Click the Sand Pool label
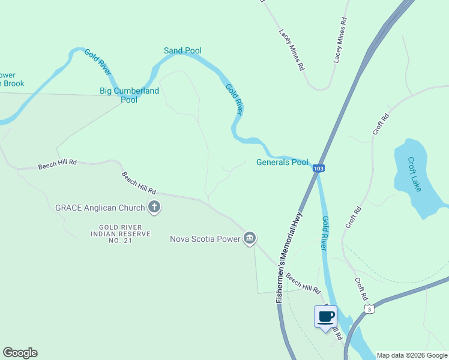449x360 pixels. coord(182,51)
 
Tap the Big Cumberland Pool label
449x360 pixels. coord(129,95)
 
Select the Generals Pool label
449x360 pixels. coord(282,162)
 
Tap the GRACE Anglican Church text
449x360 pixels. coord(100,208)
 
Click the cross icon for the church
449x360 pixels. coord(154,208)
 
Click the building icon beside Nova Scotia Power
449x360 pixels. coord(250,239)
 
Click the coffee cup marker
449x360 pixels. coord(325,317)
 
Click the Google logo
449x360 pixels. coord(20,353)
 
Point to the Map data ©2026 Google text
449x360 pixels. coord(412,355)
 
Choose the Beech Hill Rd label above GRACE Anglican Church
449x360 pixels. coord(139,181)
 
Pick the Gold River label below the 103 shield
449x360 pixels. coord(325,233)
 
